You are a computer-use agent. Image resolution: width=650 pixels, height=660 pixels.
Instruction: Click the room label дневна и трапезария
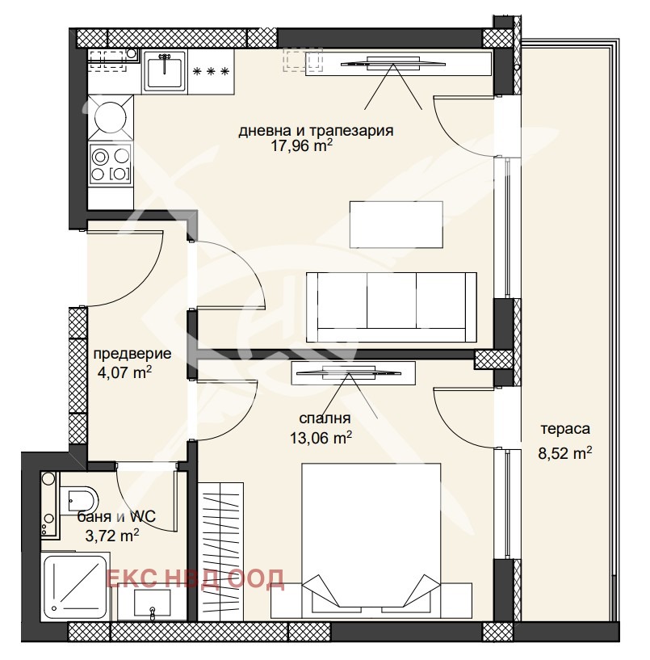click(x=316, y=131)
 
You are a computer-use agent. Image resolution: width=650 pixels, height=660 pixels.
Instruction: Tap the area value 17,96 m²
click(x=302, y=145)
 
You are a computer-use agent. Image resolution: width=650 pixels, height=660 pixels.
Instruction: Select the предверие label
click(x=132, y=354)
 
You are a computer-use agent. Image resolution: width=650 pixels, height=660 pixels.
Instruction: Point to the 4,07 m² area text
click(x=124, y=372)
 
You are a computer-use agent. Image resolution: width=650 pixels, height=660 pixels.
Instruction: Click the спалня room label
click(x=325, y=418)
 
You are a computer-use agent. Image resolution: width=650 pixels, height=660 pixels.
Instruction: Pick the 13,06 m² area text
click(x=321, y=438)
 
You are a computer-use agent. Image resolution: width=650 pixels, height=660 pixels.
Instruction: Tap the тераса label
click(x=565, y=429)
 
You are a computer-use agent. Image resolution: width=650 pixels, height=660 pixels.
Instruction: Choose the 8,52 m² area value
click(x=565, y=453)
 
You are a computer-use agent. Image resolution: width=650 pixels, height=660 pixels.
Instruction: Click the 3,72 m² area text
click(x=112, y=536)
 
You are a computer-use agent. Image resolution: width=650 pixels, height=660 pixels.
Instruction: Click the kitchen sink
click(x=165, y=70)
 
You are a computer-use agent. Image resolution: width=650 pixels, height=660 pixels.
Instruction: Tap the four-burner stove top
click(x=111, y=163)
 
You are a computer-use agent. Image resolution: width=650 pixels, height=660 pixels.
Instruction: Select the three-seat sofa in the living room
click(x=392, y=307)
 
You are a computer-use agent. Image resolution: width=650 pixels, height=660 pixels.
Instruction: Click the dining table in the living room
click(x=396, y=225)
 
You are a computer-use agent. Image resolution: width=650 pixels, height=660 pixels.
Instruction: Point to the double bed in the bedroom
click(x=371, y=536)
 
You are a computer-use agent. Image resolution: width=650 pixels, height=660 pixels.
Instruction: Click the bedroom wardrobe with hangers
click(x=220, y=551)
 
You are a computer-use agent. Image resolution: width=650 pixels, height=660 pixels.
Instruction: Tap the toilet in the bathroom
click(x=78, y=500)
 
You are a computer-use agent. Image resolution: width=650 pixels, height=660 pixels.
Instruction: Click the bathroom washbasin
click(x=152, y=602)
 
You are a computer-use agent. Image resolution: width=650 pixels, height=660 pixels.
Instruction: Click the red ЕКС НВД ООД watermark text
click(x=195, y=578)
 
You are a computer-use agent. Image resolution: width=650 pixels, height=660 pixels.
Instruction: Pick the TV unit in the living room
click(x=398, y=64)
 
